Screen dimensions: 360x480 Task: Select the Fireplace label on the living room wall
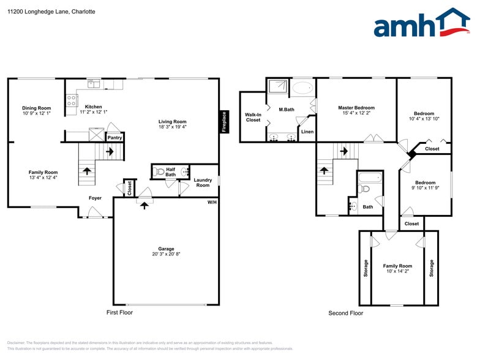[224, 121]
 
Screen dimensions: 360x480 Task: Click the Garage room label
[166, 249]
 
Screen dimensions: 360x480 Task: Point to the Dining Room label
[36, 108]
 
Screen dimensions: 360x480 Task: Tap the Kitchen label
[93, 107]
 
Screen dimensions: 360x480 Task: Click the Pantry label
[114, 138]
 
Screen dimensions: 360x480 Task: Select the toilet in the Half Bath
[160, 172]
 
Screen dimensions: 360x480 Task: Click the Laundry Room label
[202, 182]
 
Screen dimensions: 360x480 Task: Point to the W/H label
[212, 202]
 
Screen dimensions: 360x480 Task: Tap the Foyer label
[95, 198]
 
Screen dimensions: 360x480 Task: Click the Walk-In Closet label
[253, 117]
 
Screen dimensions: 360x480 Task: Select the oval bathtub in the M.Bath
[301, 88]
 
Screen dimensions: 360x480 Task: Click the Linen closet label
[307, 132]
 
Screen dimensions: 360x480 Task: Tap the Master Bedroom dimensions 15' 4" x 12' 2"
[357, 113]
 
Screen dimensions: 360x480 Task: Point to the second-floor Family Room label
[397, 266]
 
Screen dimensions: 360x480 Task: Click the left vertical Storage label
[366, 268]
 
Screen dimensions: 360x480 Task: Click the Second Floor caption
[345, 313]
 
